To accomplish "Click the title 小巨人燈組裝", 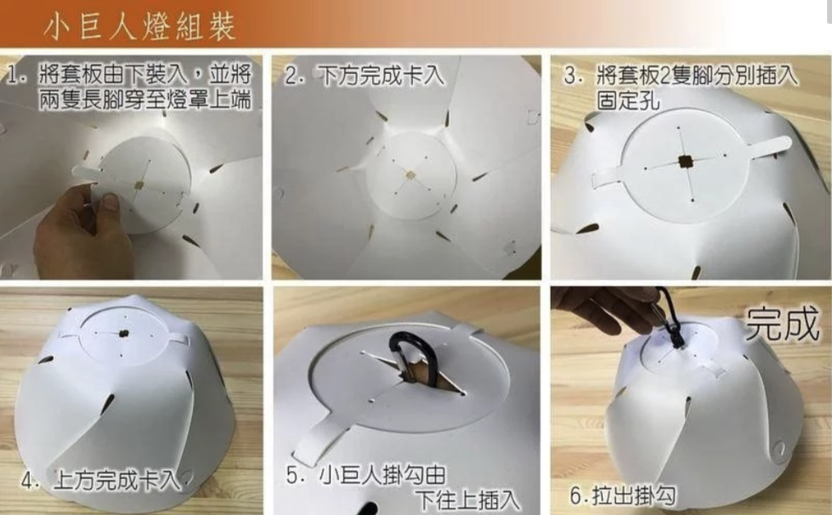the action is (140, 26).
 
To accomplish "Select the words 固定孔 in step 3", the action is (628, 100).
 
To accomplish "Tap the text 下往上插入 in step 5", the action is (467, 500).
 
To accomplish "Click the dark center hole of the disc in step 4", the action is (123, 334).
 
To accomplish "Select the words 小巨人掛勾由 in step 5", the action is (382, 475).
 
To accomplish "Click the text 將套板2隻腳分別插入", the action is (696, 76).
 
